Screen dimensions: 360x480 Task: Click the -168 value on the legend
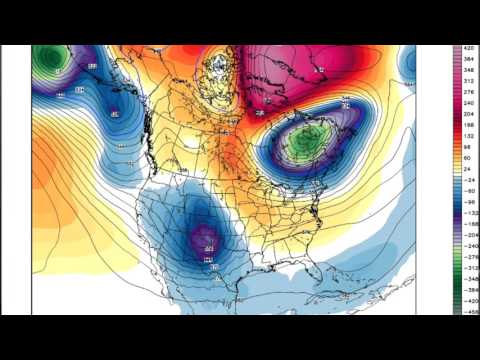(469, 224)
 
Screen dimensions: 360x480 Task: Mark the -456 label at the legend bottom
(469, 311)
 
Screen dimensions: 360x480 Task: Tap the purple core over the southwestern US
(207, 239)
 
